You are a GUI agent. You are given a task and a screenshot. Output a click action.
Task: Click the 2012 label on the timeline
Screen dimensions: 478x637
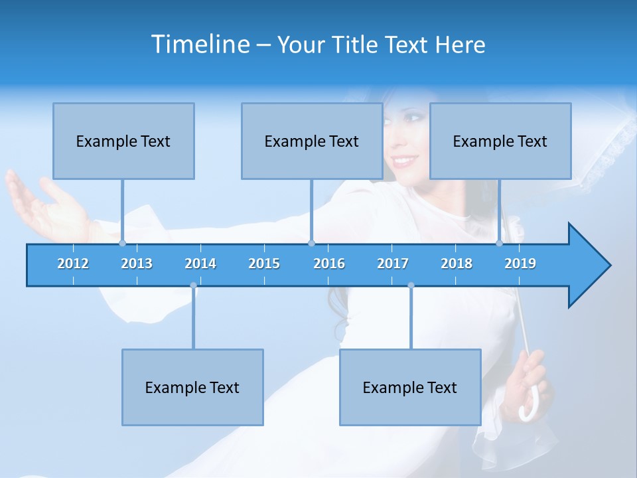pyautogui.click(x=73, y=264)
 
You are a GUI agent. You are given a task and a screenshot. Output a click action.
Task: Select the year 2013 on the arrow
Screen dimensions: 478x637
pyautogui.click(x=137, y=264)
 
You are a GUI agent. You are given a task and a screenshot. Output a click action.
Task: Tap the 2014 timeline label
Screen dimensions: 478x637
pyautogui.click(x=200, y=264)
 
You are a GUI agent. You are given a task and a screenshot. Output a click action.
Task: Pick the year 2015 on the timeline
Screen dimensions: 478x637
pyautogui.click(x=264, y=264)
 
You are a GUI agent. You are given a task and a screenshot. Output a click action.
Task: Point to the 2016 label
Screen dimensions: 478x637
pyautogui.click(x=329, y=264)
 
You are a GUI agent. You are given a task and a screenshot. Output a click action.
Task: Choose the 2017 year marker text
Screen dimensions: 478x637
pyautogui.click(x=393, y=264)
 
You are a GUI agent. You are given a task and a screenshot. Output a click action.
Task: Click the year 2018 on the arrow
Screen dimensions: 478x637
pyautogui.click(x=457, y=264)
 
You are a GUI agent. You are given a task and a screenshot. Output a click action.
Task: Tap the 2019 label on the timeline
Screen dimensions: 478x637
pyautogui.click(x=520, y=264)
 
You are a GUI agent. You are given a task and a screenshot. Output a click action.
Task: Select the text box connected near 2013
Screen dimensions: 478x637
pyautogui.click(x=123, y=141)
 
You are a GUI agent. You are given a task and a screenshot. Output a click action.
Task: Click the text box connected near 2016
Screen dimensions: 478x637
pyautogui.click(x=312, y=141)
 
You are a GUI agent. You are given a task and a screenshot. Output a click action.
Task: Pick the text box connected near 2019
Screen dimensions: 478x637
pyautogui.click(x=500, y=141)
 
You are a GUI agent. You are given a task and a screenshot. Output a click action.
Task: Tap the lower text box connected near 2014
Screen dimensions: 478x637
pyautogui.click(x=192, y=387)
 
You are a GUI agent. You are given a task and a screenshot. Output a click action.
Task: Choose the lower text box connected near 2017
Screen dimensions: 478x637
pyautogui.click(x=410, y=387)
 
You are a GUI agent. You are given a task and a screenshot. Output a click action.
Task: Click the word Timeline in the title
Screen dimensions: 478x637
pyautogui.click(x=200, y=44)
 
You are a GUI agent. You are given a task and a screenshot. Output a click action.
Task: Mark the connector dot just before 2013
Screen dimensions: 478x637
pyautogui.click(x=122, y=243)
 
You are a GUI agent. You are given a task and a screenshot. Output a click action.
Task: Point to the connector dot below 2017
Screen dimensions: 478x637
pyautogui.click(x=411, y=285)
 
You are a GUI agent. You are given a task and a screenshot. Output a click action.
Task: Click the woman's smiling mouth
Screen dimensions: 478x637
pyautogui.click(x=404, y=161)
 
